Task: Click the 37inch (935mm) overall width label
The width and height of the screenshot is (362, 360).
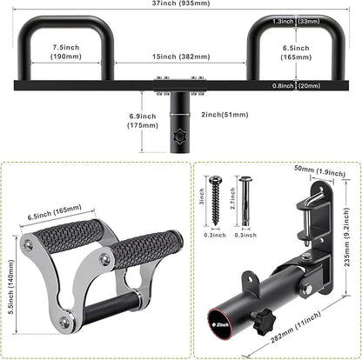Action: tap(181, 3)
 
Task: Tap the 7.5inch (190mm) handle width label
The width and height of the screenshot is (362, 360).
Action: tap(66, 51)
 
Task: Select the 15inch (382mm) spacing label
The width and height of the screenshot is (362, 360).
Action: tap(181, 57)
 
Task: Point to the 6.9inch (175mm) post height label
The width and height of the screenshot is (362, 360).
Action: tap(143, 121)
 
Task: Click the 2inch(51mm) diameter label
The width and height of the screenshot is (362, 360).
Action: tap(225, 115)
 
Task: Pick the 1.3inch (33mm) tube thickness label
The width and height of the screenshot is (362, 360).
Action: tap(296, 21)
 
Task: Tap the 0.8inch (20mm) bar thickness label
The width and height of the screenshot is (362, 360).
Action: tap(296, 86)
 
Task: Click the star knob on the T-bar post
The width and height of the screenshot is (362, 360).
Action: tap(178, 136)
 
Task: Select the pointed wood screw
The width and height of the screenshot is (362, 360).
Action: tap(216, 201)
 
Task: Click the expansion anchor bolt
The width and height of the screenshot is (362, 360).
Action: tap(245, 201)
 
